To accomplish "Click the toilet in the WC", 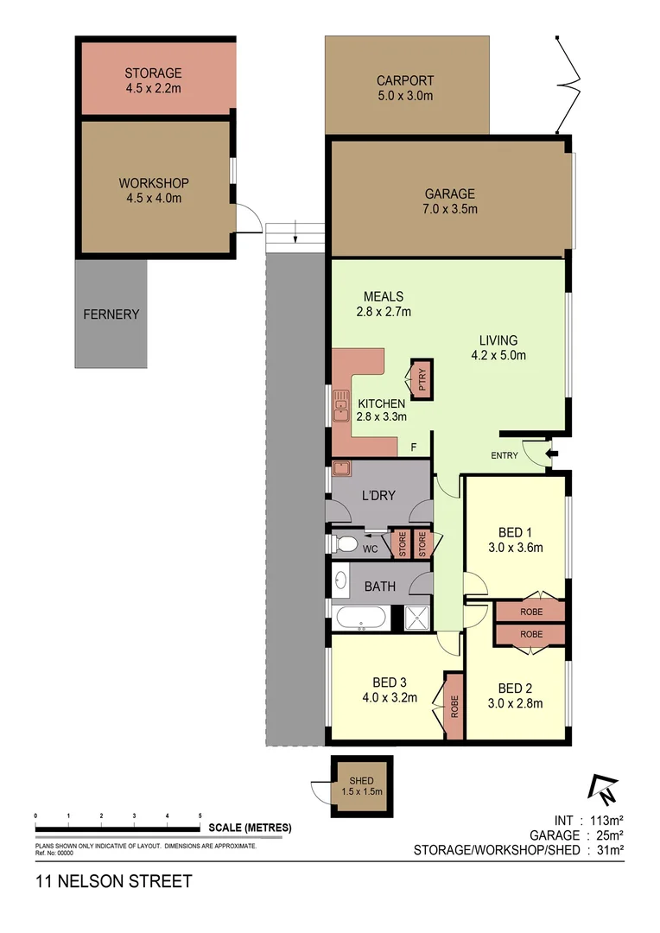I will click(x=346, y=544).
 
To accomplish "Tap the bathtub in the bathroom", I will click(x=361, y=618).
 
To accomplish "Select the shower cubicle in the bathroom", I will click(x=411, y=618).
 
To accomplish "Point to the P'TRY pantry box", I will click(x=422, y=378).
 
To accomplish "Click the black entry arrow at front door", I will click(x=554, y=453).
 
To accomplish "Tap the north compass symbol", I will click(x=604, y=787).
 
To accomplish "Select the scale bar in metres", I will click(x=117, y=821).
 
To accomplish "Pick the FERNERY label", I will click(x=111, y=314).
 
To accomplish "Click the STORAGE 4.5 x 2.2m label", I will click(x=153, y=80).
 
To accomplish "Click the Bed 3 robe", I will click(x=454, y=706).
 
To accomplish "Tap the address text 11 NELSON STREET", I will click(x=113, y=882).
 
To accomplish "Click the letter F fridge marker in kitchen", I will click(x=414, y=447).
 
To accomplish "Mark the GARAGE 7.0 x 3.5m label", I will click(x=449, y=201).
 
